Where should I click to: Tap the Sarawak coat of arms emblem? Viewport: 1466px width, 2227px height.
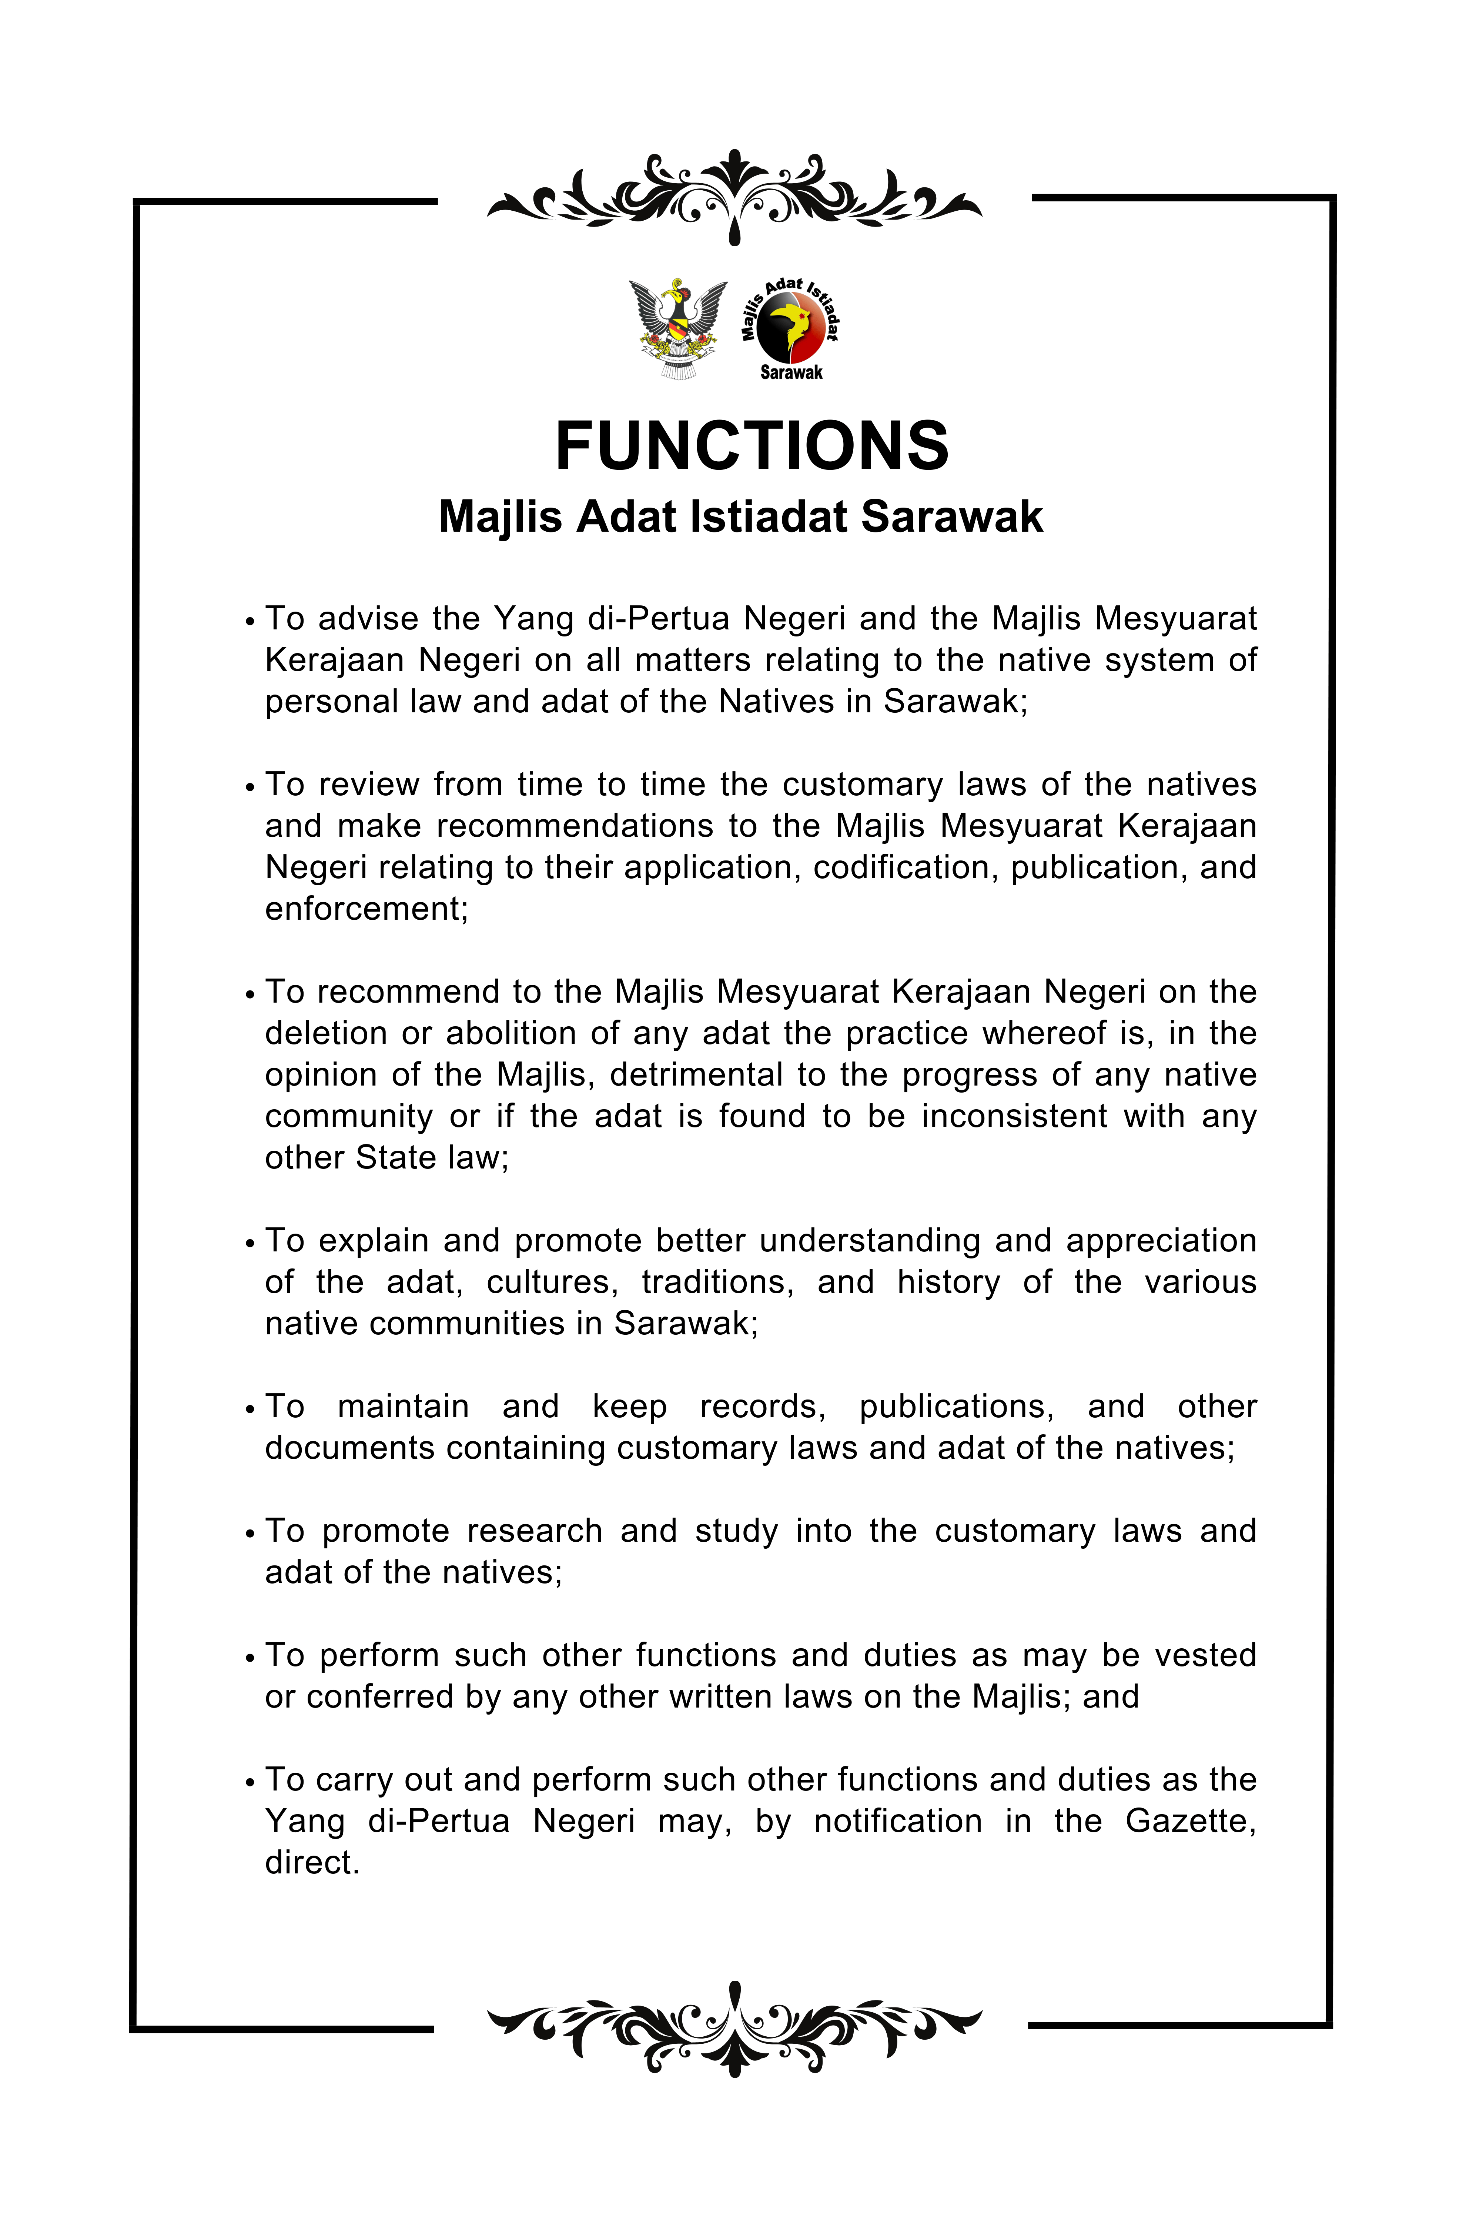tap(677, 328)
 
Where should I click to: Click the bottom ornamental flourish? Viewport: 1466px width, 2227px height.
tap(734, 2029)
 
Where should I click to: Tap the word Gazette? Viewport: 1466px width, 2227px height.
tap(1189, 1821)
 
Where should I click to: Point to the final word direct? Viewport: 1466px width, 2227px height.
tap(312, 1862)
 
